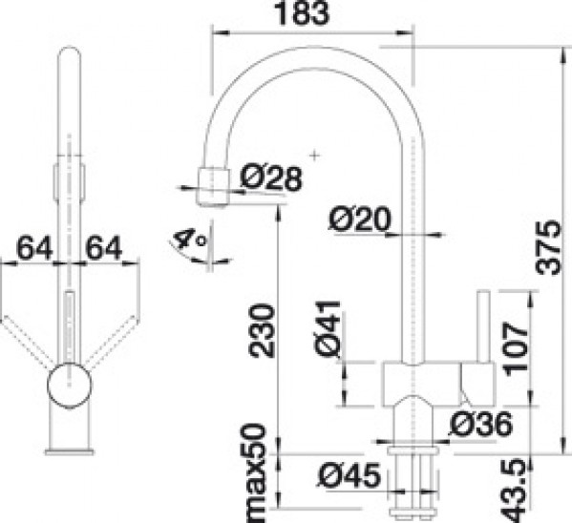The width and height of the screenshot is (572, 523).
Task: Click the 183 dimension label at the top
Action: tap(302, 13)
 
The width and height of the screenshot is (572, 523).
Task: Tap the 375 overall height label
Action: tap(548, 247)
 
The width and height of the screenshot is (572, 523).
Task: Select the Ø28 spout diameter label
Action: tap(272, 178)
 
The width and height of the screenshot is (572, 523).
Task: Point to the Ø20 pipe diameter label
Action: tap(360, 220)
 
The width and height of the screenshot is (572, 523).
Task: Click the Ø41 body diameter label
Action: tap(328, 327)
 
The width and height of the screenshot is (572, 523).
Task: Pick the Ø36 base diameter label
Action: tap(481, 424)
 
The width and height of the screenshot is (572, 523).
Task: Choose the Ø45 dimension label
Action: tap(350, 475)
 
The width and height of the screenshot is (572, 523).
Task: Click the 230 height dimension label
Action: tap(261, 330)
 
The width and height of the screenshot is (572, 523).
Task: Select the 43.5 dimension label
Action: tap(515, 491)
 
